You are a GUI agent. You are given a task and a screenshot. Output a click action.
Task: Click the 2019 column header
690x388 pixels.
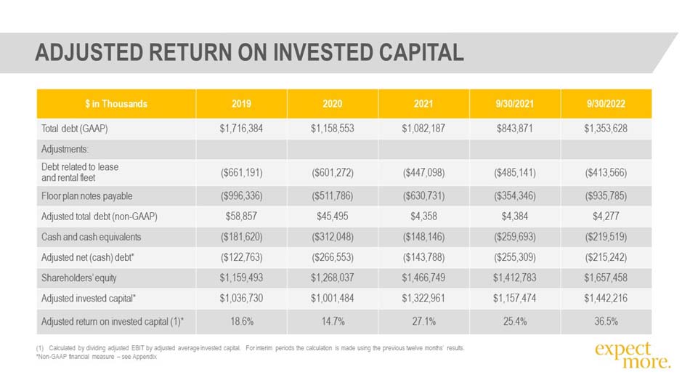click(241, 104)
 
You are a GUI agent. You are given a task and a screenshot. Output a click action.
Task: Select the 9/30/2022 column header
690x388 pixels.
click(606, 104)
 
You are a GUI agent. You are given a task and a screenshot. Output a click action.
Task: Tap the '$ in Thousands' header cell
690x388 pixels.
click(116, 104)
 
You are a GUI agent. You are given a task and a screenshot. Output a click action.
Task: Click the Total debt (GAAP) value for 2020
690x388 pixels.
click(332, 129)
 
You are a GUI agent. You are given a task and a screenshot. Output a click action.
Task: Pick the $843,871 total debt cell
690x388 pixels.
click(514, 129)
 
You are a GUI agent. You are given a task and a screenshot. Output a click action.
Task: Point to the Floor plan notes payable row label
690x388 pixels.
click(86, 196)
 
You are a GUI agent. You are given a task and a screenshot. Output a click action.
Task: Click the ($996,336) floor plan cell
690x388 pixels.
click(242, 196)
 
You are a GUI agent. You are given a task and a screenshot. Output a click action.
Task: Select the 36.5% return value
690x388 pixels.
click(606, 321)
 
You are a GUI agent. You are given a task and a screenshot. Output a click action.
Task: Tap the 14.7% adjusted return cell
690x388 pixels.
click(333, 321)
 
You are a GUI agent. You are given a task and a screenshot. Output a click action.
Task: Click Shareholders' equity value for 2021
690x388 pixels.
click(423, 278)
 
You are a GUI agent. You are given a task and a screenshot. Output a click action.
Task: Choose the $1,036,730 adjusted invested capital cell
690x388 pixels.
click(241, 298)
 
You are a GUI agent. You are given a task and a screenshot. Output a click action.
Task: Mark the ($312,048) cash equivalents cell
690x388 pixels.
click(333, 237)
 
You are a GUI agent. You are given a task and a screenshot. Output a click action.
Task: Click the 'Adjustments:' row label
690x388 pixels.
click(65, 149)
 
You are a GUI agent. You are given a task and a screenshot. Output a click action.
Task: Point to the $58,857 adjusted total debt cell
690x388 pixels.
click(241, 217)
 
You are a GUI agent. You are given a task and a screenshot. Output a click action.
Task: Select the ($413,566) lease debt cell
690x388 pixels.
click(606, 173)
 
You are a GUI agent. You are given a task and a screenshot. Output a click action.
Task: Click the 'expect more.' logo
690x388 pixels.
click(633, 355)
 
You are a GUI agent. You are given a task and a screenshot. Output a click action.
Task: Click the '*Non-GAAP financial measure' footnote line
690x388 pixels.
click(97, 357)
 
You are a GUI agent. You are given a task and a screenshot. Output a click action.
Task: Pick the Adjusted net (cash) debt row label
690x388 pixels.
click(88, 257)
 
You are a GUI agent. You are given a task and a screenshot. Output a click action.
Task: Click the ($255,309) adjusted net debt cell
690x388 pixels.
click(515, 257)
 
